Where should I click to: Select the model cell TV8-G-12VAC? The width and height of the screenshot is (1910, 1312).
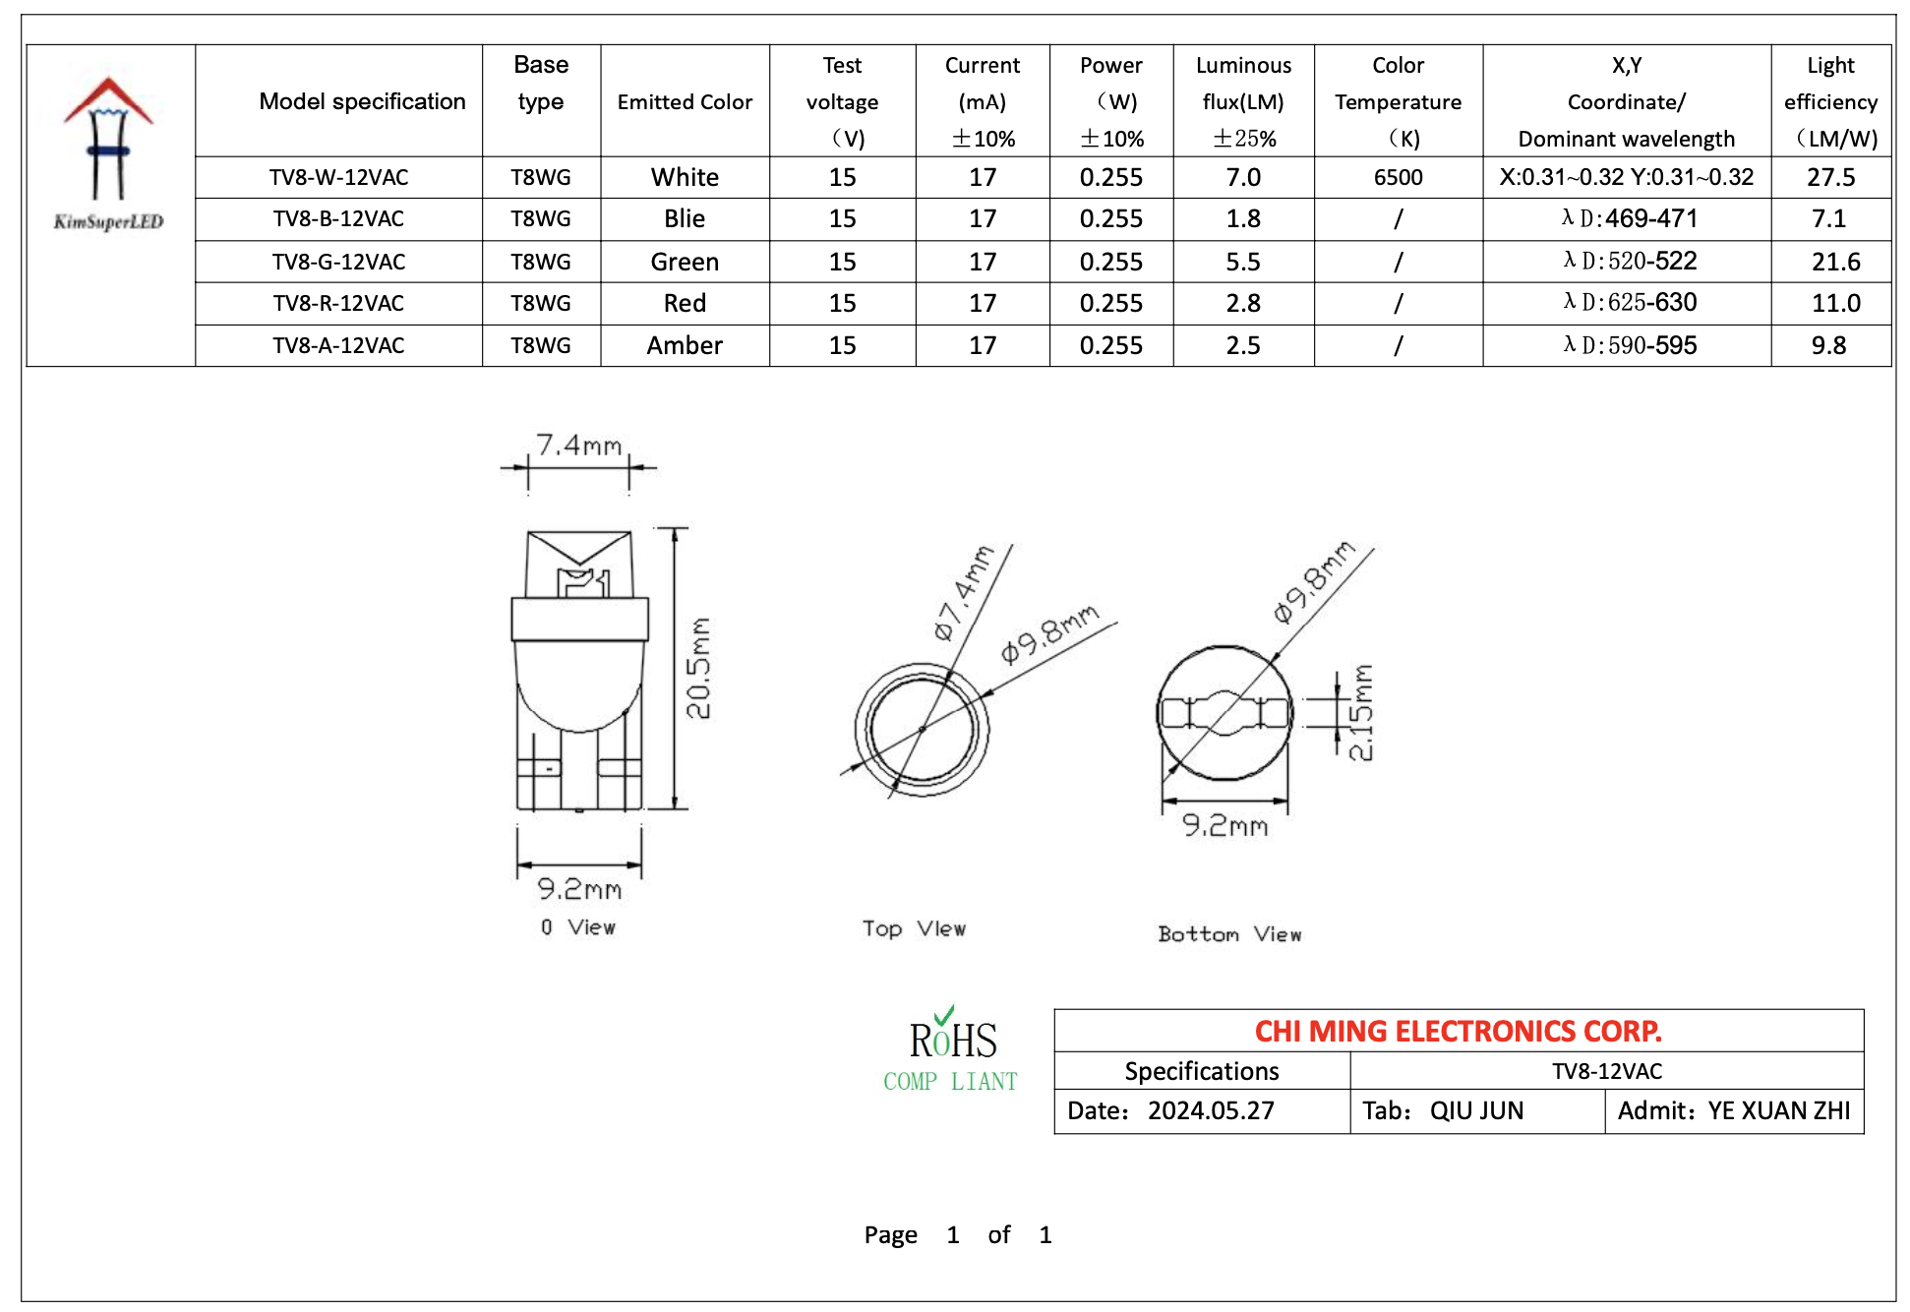click(338, 262)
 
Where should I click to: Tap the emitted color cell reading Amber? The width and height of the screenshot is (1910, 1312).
click(685, 345)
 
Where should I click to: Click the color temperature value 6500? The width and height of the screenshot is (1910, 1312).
click(1398, 177)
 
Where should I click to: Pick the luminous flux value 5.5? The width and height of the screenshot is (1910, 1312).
click(1243, 262)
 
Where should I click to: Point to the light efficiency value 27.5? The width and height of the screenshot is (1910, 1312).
click(1830, 177)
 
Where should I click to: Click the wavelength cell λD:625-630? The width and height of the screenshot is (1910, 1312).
click(1630, 303)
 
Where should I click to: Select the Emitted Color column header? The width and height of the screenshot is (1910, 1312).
click(685, 101)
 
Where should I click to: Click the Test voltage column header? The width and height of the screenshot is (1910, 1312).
click(842, 101)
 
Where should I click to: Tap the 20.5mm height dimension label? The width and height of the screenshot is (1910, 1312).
click(698, 668)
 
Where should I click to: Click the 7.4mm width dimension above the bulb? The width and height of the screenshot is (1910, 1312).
click(578, 446)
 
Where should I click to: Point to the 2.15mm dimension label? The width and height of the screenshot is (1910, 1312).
click(1361, 712)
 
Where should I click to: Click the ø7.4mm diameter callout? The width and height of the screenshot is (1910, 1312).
click(963, 593)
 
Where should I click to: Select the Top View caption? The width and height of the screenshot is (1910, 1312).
click(914, 928)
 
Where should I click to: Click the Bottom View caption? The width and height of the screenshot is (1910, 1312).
click(1229, 934)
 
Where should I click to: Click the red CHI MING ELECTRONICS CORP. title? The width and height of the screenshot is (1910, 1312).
click(1458, 1031)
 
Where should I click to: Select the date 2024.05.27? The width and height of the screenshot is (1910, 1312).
click(1211, 1110)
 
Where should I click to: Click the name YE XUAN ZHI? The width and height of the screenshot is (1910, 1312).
click(1778, 1110)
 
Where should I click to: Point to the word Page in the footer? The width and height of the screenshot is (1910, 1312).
click(890, 1234)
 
